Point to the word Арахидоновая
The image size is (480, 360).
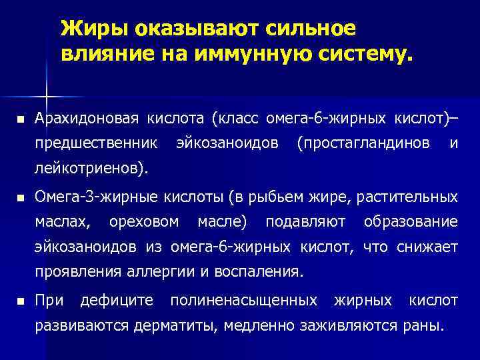pyautogui.click(x=86, y=119)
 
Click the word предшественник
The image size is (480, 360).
pyautogui.click(x=96, y=143)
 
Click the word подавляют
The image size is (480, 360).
pyautogui.click(x=306, y=221)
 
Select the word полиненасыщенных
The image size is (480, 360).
pyautogui.click(x=243, y=301)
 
